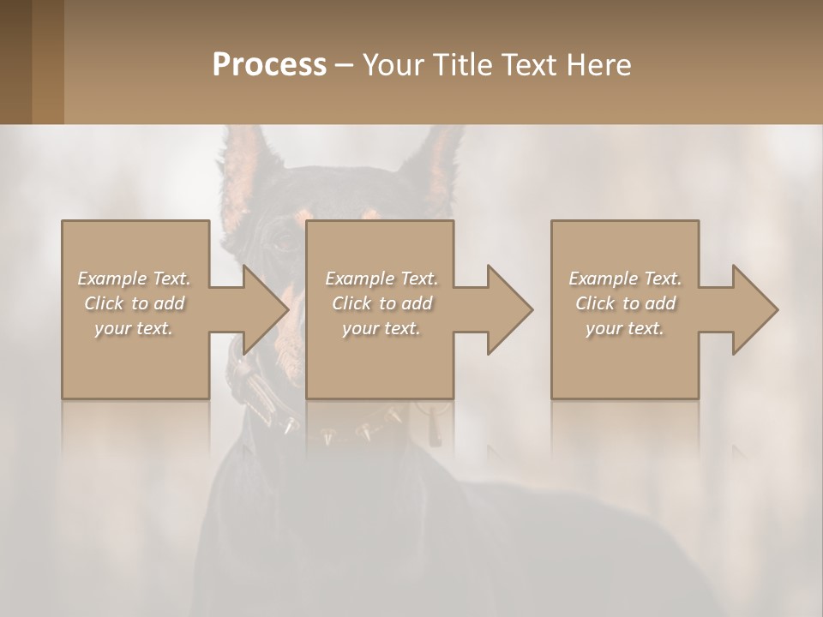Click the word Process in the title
click(x=269, y=65)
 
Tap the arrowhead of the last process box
click(x=755, y=309)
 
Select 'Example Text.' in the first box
click(x=134, y=279)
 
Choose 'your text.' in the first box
click(x=134, y=328)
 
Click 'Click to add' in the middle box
click(x=381, y=303)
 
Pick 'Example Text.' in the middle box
click(x=381, y=279)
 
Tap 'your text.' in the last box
click(x=625, y=328)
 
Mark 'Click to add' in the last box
click(x=625, y=303)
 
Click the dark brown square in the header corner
click(x=32, y=62)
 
